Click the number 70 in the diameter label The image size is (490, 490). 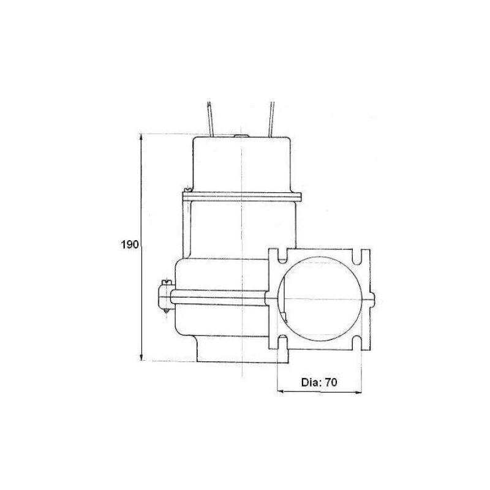point(331,382)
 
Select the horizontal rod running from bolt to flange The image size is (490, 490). point(221,298)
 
